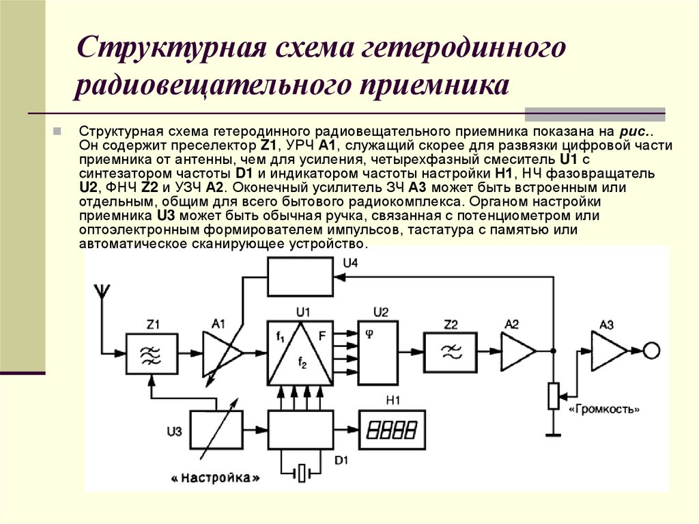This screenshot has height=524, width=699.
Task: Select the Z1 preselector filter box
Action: [152, 352]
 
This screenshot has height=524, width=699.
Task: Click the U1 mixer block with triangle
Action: [300, 353]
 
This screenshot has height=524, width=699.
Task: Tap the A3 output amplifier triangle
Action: [608, 351]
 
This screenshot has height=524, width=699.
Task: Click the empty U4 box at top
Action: [301, 277]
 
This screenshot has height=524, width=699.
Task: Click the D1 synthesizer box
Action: [301, 430]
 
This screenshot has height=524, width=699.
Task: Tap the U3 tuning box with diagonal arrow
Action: [215, 430]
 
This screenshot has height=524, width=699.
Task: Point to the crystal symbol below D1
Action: [301, 472]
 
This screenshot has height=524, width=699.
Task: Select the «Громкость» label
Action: [605, 410]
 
